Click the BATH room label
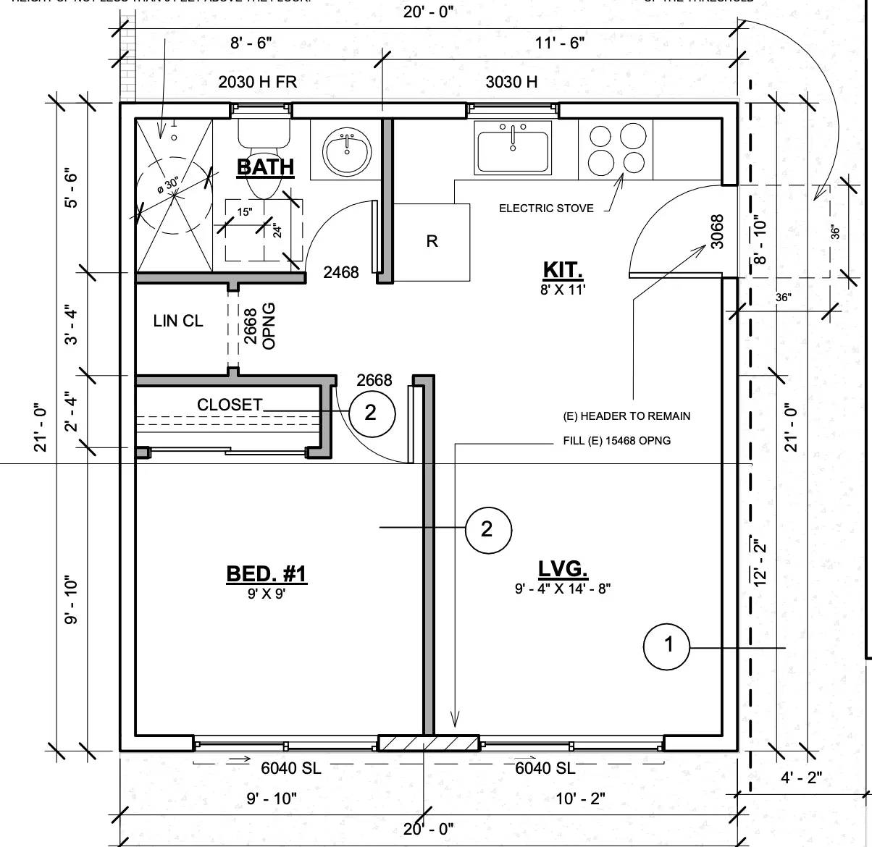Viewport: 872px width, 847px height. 265,167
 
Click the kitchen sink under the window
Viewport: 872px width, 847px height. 513,148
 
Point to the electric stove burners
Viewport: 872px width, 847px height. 616,149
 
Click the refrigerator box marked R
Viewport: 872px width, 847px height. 432,242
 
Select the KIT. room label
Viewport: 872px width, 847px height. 563,271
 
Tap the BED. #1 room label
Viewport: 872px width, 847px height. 266,574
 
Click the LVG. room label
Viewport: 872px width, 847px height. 563,569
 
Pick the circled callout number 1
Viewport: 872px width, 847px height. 667,644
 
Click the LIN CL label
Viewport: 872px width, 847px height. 178,321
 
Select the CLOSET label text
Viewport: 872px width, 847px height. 230,405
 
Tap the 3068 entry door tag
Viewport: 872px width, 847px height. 717,232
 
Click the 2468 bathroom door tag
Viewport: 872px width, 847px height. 341,272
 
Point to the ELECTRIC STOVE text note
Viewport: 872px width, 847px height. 545,208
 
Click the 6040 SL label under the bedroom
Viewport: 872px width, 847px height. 291,768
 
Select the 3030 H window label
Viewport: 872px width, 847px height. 511,82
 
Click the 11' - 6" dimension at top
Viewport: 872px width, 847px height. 560,43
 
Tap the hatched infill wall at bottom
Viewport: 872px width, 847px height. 428,743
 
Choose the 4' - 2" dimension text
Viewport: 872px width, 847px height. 801,778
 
